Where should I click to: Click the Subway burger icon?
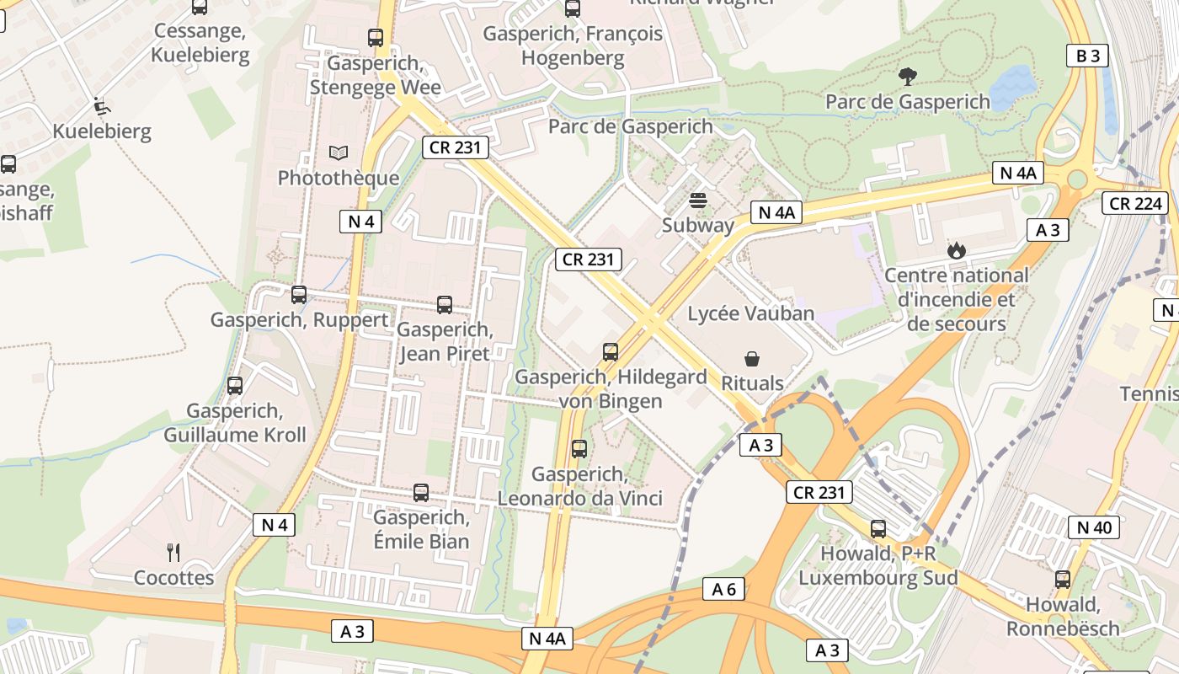coord(697,201)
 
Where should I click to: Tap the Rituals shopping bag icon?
coord(752,359)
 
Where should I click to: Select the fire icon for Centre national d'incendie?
coord(956,250)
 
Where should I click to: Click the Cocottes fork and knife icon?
coord(173,553)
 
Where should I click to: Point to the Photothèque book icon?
coord(339,153)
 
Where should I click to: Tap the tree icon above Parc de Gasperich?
coord(907,77)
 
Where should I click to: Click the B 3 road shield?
coord(1087,56)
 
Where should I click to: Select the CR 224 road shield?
coord(1136,203)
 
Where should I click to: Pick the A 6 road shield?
coord(723,589)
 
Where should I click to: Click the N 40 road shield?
coord(1094,527)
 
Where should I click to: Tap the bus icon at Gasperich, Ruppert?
coord(299,295)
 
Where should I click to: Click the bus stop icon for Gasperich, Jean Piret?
coord(445,305)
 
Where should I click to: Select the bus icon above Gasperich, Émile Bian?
coord(421,493)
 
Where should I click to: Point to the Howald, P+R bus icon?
coord(878,529)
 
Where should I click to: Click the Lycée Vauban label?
coord(751,313)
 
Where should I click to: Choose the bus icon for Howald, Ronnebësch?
coord(1063,580)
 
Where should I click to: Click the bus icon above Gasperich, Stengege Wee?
coord(376,38)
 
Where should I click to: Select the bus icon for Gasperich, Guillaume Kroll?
coord(235,386)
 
